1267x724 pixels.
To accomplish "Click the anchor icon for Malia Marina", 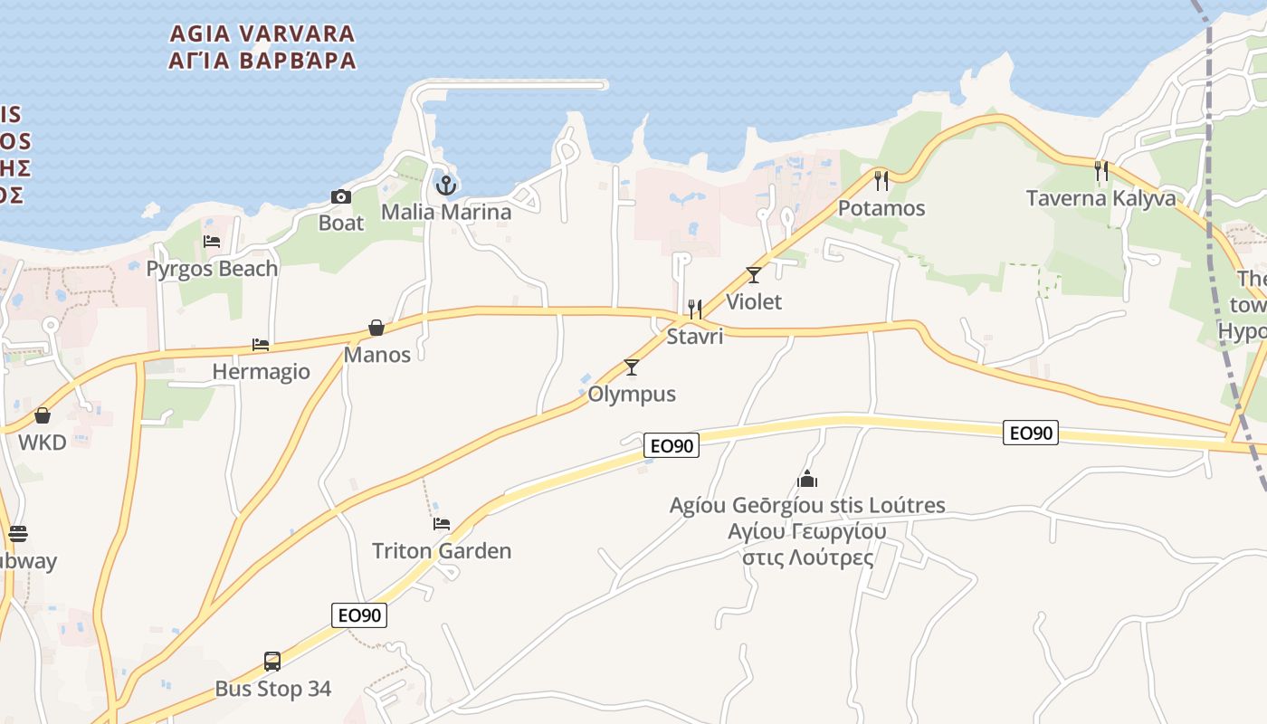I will tap(445, 186).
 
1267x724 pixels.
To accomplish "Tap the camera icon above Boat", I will tap(341, 196).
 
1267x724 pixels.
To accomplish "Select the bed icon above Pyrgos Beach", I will tap(212, 242).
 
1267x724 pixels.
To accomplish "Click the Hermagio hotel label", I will tap(261, 371).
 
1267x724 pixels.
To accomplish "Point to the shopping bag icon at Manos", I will tap(376, 328).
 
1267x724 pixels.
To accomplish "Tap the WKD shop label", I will tap(43, 443).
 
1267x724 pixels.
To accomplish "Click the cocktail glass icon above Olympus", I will tap(632, 367).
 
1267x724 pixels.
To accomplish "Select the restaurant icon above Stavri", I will tap(695, 310).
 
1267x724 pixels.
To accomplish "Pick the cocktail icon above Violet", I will tap(754, 275).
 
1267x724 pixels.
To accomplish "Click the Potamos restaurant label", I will tap(881, 208).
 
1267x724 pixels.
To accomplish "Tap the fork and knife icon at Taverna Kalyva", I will tap(1101, 171).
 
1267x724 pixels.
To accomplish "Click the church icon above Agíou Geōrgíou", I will tap(807, 478).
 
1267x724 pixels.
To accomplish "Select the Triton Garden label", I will tap(442, 550).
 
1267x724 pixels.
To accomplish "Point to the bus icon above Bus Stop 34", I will tap(272, 662).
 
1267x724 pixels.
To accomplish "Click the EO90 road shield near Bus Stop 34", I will tap(360, 615).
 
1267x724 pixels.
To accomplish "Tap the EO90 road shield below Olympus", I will tap(672, 445).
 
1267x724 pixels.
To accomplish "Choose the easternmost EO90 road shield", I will tap(1031, 433).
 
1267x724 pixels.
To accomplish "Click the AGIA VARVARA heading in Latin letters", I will tap(262, 34).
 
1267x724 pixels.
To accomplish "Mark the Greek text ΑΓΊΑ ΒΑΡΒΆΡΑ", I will tap(262, 62).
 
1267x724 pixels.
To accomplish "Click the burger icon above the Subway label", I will tap(18, 534).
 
